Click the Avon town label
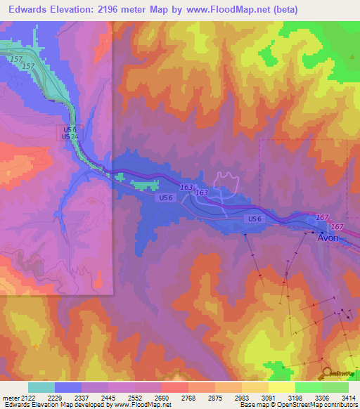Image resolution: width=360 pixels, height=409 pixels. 328,238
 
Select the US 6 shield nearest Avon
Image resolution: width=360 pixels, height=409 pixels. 255,219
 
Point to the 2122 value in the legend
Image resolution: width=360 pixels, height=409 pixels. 27,398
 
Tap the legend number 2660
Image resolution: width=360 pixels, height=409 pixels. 162,398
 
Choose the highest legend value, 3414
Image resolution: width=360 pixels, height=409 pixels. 348,398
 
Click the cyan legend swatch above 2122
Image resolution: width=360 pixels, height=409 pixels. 41,387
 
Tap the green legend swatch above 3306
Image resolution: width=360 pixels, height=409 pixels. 309,387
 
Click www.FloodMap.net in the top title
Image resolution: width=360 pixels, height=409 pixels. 221,9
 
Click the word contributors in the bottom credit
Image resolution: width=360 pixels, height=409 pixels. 340,405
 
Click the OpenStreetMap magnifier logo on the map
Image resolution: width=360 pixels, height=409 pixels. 327,373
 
